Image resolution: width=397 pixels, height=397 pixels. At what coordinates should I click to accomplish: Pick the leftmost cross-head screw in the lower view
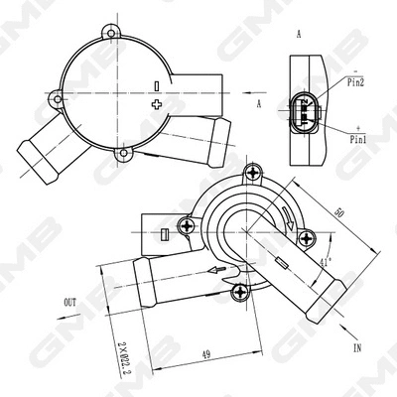click(186, 226)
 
